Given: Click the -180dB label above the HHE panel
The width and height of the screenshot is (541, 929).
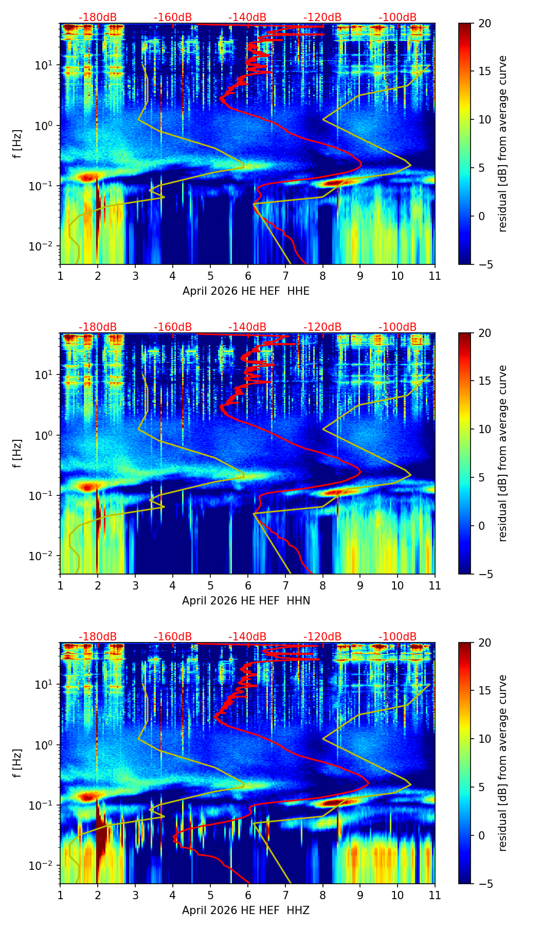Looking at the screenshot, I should coord(98,17).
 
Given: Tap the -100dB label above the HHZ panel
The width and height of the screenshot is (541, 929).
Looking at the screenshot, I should coord(398,637).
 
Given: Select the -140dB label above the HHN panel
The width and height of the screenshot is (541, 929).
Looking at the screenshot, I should coord(247,327).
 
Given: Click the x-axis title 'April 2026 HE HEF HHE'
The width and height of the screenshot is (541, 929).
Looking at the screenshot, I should coord(246,291).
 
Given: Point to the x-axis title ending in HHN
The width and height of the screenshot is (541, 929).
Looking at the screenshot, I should coord(246,601).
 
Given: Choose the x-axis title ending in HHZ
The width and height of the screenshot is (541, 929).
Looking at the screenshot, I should coord(246,910).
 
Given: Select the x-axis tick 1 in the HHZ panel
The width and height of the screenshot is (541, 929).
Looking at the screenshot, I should coord(60,895).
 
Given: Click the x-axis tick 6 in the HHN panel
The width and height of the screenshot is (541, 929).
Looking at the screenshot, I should coord(247,585).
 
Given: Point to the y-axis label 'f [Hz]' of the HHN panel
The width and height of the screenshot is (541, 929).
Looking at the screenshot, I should coord(17,454).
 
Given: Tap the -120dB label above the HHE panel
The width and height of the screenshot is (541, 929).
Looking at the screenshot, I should coord(322,17).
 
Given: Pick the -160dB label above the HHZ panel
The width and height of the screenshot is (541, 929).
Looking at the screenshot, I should coord(173,637).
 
